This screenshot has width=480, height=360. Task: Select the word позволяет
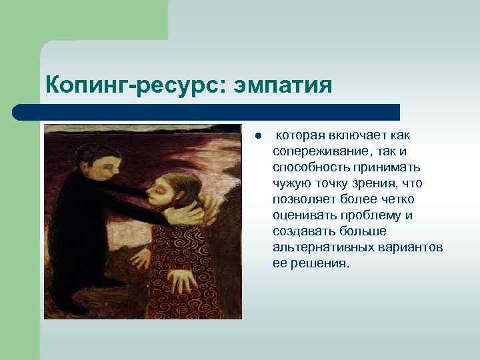[x=301, y=199]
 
